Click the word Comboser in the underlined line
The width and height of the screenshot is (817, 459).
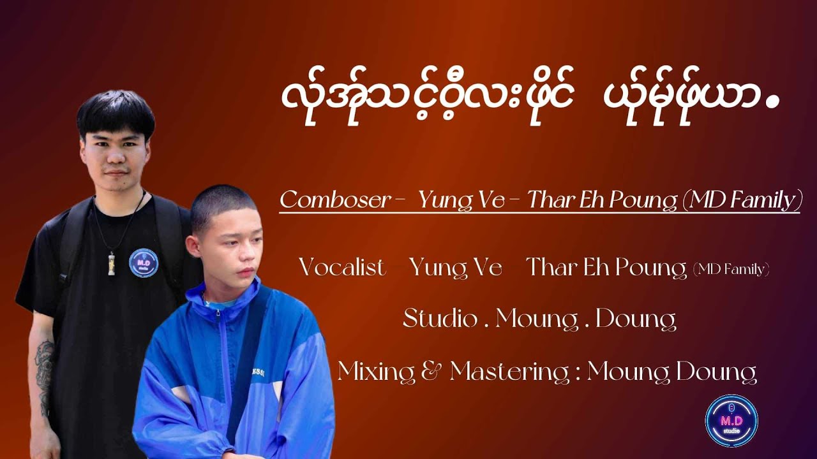click(x=334, y=200)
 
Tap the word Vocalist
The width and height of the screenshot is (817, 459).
click(x=342, y=268)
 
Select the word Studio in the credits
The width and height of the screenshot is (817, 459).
click(x=440, y=319)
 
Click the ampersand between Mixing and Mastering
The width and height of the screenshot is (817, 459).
click(x=434, y=371)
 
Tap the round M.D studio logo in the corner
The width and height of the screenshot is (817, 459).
click(x=731, y=420)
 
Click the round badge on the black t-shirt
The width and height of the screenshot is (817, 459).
click(x=144, y=263)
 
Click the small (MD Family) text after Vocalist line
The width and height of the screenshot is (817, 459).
click(x=730, y=270)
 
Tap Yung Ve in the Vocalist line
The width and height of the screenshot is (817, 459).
click(x=456, y=268)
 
